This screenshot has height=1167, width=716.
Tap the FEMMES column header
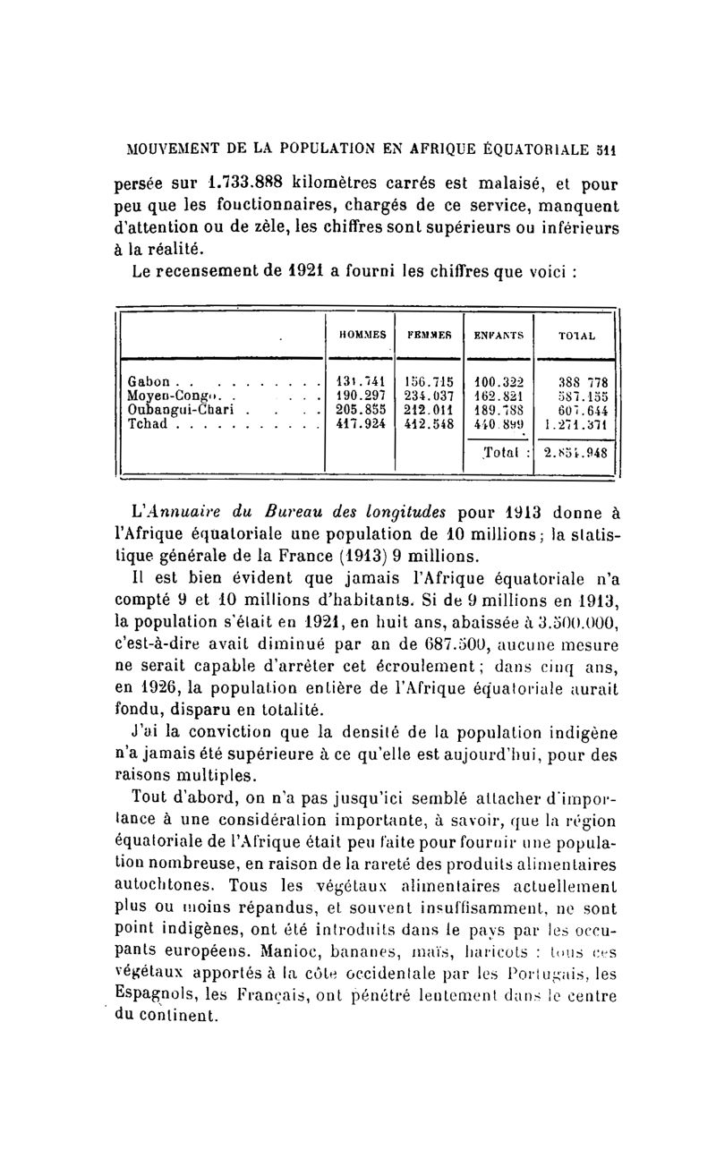(x=427, y=335)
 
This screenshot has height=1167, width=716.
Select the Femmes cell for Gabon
(x=427, y=380)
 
